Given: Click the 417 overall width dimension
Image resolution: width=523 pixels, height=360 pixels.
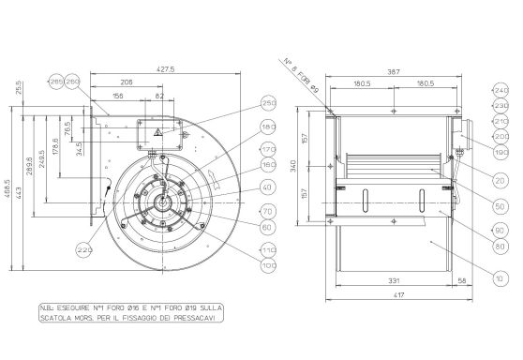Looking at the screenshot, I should pyautogui.click(x=398, y=296).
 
